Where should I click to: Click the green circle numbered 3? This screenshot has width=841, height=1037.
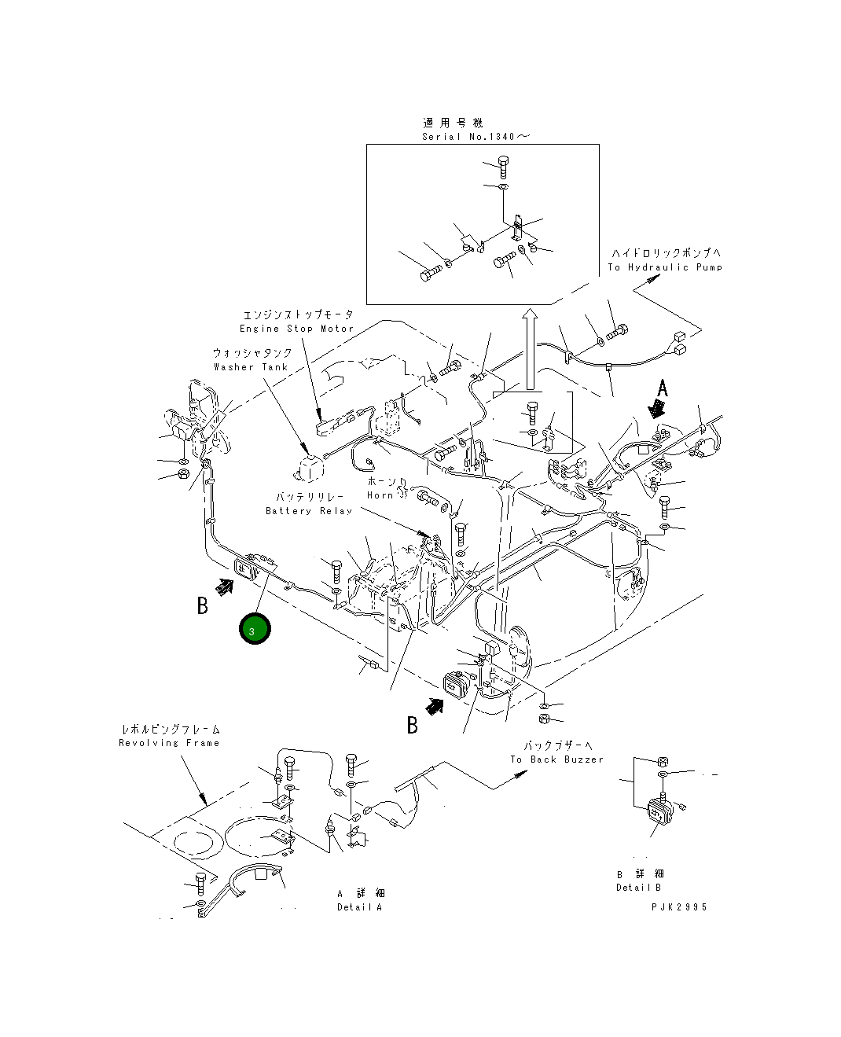coord(255,629)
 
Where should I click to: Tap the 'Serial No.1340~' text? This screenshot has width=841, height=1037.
coord(476,137)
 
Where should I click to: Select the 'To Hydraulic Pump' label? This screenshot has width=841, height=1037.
coord(665,267)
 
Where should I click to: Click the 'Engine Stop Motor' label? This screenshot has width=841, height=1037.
coord(296,329)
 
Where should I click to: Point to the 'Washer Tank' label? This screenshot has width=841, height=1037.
coord(251,367)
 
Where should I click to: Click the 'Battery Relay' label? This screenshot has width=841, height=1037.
coord(308,511)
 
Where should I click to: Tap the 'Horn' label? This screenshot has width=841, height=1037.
coord(380,495)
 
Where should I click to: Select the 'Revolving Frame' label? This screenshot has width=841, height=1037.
coord(169,743)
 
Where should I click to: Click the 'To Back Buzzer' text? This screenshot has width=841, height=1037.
coord(556,759)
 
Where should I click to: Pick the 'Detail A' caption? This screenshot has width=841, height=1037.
coord(360,907)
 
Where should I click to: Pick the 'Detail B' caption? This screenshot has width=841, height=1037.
coord(639,888)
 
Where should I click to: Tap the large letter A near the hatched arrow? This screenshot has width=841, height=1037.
coord(663,388)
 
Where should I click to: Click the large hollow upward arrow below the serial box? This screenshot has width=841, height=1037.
coord(531,349)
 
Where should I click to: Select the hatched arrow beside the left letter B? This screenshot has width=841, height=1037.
coord(225,587)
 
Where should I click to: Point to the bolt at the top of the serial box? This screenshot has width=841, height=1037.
coord(503,165)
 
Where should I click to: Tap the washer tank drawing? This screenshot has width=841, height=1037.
coord(307,465)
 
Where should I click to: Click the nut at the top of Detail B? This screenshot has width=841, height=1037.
coord(662,761)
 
